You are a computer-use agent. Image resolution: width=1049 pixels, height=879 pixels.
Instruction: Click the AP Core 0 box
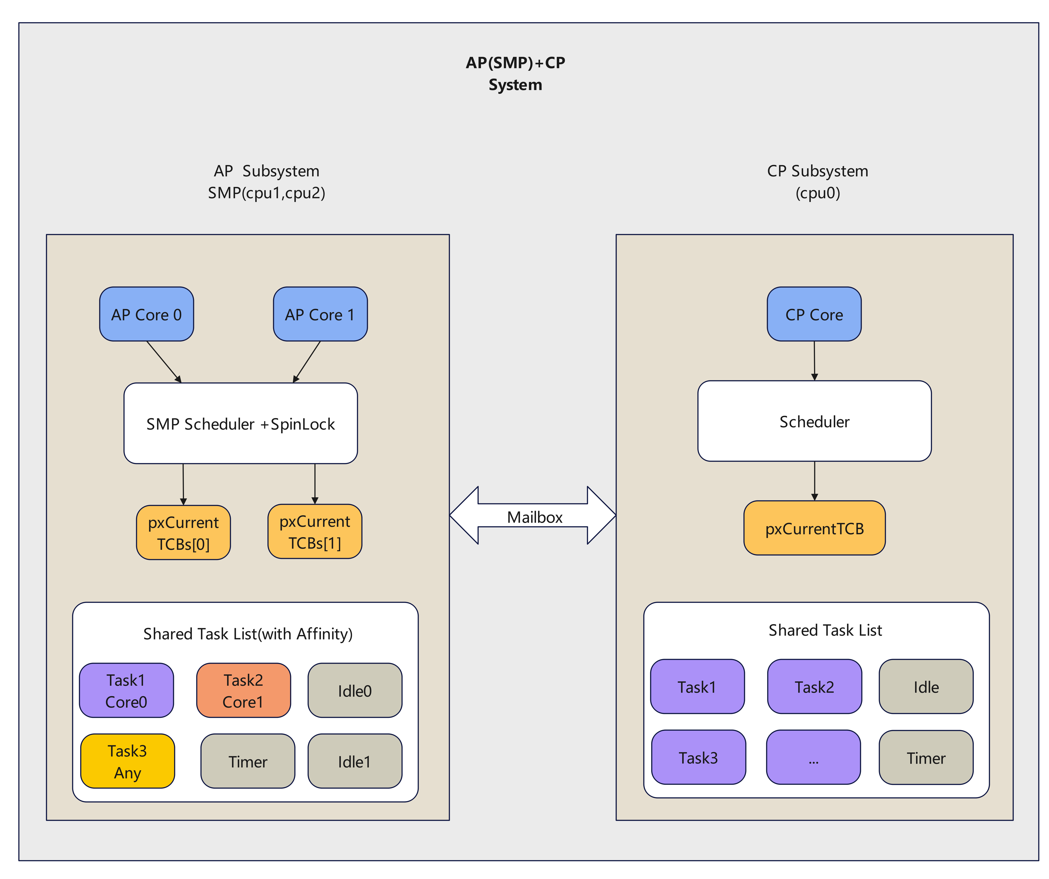click(x=146, y=314)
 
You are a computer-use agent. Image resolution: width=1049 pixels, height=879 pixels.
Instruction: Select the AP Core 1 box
click(x=320, y=314)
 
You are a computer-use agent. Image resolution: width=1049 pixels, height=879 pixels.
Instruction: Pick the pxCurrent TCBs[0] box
click(x=183, y=533)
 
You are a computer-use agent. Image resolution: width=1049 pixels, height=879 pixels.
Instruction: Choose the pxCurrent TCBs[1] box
click(x=315, y=532)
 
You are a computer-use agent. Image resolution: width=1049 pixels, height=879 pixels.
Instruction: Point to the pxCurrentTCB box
click(x=814, y=528)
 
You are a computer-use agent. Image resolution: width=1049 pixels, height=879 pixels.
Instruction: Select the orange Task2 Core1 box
click(x=243, y=691)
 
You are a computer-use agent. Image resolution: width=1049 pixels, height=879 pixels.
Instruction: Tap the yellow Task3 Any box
click(x=127, y=761)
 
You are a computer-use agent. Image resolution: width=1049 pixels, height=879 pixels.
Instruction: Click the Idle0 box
click(x=355, y=691)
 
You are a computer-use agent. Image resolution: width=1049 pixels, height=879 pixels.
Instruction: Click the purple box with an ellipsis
click(x=813, y=758)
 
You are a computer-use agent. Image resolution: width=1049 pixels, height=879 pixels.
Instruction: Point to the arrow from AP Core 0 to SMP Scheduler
click(x=164, y=362)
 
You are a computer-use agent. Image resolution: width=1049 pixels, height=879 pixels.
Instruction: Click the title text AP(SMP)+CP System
click(x=515, y=73)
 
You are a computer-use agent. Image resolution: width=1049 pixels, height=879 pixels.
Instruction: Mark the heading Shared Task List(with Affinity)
click(x=248, y=634)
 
